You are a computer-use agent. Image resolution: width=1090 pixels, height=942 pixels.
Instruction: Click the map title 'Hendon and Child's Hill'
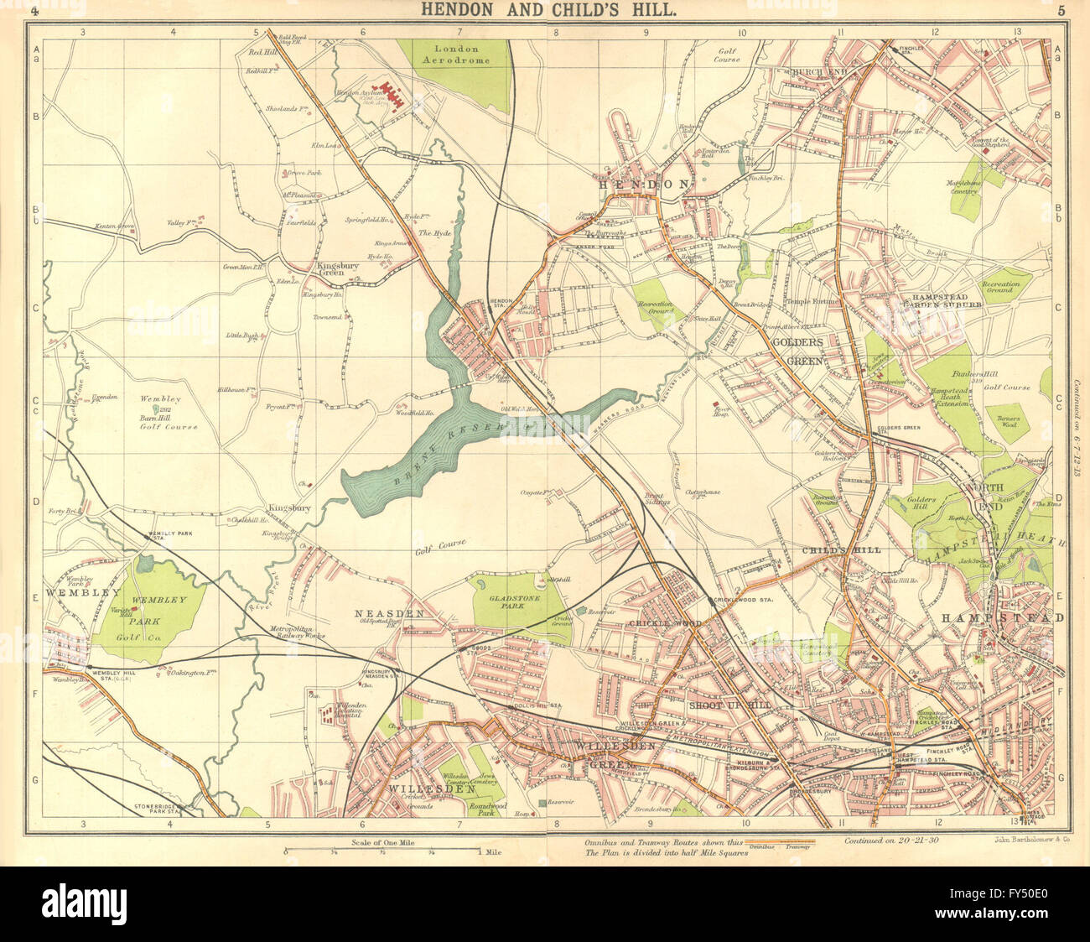[546, 11]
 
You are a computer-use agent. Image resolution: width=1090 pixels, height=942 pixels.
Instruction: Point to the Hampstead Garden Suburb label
[947, 300]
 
